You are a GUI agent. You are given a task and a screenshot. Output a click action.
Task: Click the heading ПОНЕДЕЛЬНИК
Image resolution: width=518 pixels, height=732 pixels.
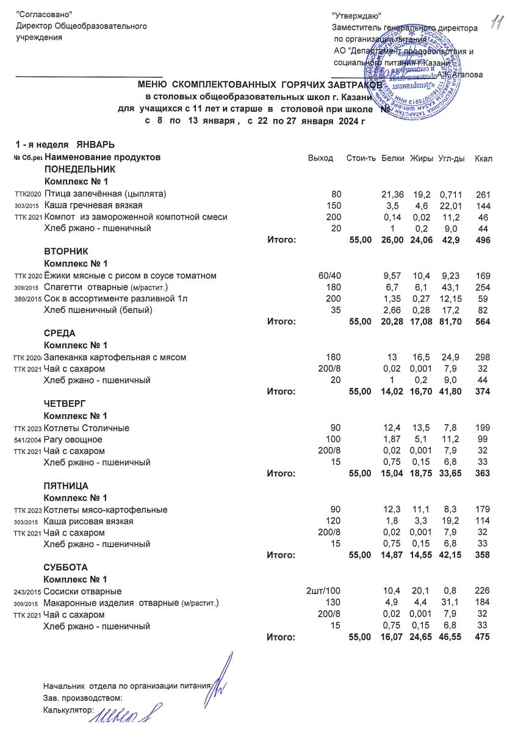[79, 170]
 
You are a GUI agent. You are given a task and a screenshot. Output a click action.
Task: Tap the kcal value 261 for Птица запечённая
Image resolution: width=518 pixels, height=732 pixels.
[483, 193]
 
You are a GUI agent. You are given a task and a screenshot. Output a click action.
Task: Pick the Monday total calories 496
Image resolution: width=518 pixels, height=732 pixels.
[483, 240]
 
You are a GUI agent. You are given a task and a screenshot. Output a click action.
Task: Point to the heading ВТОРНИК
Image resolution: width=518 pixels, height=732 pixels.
[67, 252]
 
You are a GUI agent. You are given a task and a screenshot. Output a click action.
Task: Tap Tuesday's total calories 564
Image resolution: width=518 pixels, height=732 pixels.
[483, 322]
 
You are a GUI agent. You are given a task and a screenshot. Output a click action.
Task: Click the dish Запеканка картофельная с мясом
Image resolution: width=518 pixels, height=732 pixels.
[115, 357]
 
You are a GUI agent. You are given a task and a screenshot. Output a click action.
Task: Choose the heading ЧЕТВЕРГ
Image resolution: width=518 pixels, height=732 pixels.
[66, 404]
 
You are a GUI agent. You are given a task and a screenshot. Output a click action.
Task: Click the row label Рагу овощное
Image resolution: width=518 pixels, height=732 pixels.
[73, 439]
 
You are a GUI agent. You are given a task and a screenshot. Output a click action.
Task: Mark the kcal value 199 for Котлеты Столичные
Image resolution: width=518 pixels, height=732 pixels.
[483, 428]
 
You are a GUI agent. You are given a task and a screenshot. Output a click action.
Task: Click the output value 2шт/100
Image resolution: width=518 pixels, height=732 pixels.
[327, 591]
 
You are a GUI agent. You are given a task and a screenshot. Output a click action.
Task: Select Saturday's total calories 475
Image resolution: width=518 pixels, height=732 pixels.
[483, 637]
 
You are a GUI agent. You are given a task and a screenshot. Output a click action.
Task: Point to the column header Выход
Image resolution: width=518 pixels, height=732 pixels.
[321, 158]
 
